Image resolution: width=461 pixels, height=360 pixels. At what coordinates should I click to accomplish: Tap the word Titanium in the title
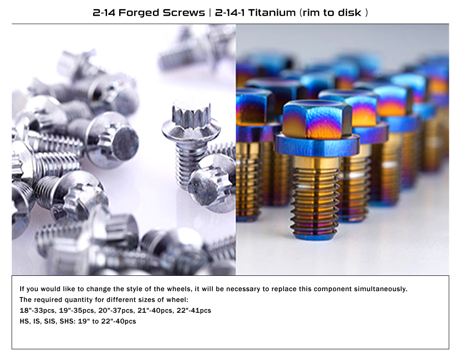click(x=272, y=13)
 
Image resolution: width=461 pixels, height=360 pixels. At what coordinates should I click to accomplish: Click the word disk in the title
click(x=349, y=13)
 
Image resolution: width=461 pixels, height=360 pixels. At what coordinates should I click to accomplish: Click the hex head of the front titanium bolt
click(x=317, y=119)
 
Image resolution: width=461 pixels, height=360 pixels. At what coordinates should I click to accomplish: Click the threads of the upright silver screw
click(x=188, y=165)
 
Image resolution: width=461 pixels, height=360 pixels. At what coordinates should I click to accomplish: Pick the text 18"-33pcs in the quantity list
click(x=38, y=310)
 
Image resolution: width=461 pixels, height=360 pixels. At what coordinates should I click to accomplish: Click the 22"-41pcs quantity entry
click(x=194, y=310)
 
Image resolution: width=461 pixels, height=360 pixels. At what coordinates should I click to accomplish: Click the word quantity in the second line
click(x=77, y=300)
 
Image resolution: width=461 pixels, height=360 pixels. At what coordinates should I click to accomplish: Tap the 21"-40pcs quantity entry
click(x=155, y=310)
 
